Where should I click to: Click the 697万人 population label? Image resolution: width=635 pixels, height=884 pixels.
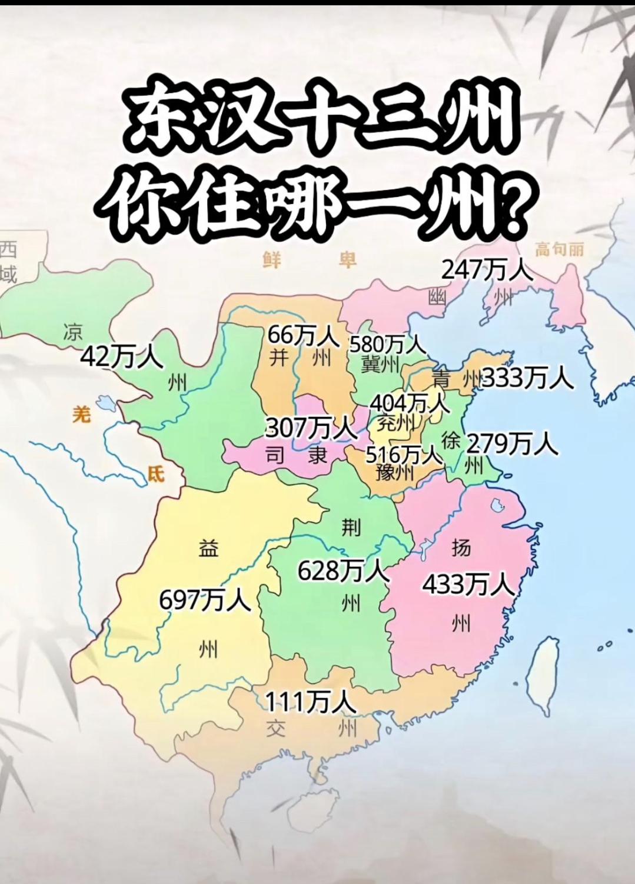pyautogui.click(x=205, y=601)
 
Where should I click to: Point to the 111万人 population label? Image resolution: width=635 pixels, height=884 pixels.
pyautogui.click(x=310, y=702)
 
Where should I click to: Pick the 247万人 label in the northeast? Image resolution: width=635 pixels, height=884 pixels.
pyautogui.click(x=487, y=271)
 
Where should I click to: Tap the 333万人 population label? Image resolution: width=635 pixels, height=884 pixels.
pyautogui.click(x=527, y=378)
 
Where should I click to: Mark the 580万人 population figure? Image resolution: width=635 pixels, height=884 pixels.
pyautogui.click(x=387, y=343)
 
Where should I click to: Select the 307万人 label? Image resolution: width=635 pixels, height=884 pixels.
pyautogui.click(x=307, y=428)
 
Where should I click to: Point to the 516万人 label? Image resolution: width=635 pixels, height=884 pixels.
pyautogui.click(x=404, y=454)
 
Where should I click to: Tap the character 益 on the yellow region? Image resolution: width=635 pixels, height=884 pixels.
pyautogui.click(x=208, y=548)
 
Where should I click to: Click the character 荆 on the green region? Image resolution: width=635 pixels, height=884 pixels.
pyautogui.click(x=351, y=528)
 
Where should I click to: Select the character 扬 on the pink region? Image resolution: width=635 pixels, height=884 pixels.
pyautogui.click(x=461, y=548)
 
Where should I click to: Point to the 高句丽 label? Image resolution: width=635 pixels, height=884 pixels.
pyautogui.click(x=560, y=249)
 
